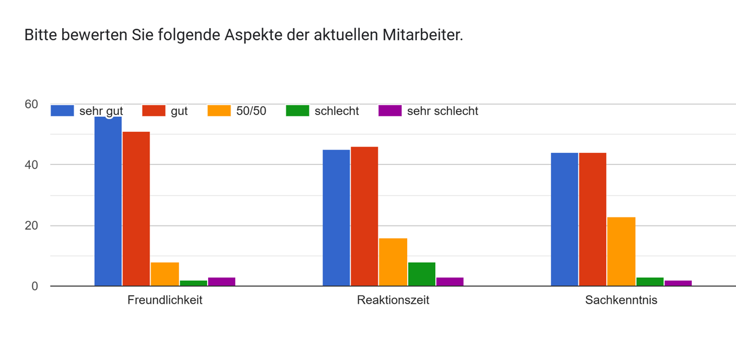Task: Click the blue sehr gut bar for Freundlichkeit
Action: pos(108,201)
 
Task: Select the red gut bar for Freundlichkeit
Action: pos(136,209)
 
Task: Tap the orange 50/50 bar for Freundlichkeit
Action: pos(164,274)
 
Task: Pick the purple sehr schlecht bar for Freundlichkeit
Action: pos(221,282)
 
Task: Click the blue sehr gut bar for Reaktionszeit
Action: pos(336,218)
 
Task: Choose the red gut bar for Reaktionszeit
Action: pos(365,216)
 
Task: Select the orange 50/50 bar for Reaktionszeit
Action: pos(393,262)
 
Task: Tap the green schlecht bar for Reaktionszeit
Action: pos(421,274)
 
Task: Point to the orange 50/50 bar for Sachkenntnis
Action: pos(621,251)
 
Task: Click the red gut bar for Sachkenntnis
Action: pos(593,219)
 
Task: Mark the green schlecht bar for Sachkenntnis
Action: pos(650,282)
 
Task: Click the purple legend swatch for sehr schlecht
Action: pos(390,111)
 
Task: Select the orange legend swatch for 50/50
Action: pos(219,111)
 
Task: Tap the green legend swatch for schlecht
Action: pos(297,111)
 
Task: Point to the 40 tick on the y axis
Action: pos(31,165)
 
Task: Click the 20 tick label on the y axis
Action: pos(31,225)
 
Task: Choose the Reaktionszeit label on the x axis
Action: pos(393,300)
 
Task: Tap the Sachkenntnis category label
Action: pos(621,300)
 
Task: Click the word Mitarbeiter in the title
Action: pos(422,35)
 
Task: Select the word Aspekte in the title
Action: pos(254,36)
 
